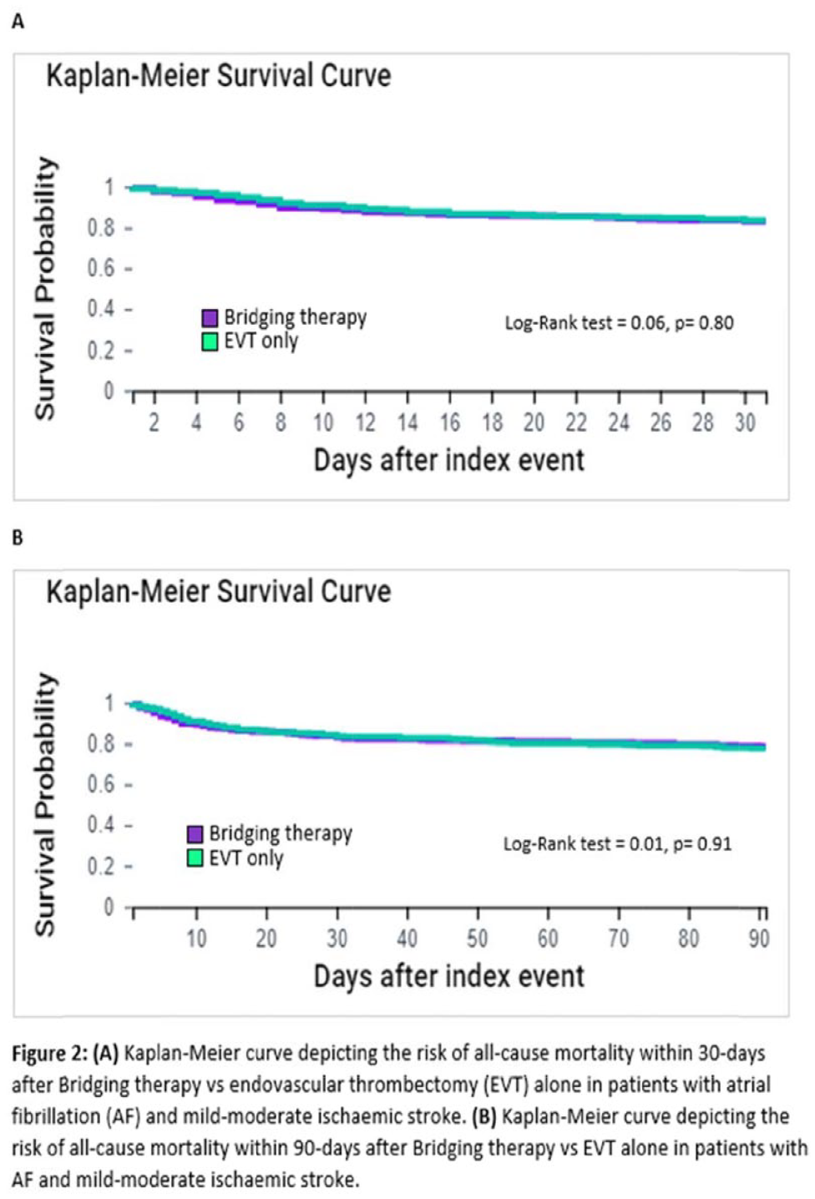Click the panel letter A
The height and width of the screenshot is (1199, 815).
coord(18,23)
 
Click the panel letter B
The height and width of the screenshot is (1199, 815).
coord(18,538)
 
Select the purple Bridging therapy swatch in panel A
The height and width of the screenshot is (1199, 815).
coord(210,318)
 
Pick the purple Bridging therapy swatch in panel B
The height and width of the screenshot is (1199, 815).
coord(195,834)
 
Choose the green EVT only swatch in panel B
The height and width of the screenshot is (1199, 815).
coord(195,858)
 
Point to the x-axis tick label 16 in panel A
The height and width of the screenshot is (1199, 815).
coord(450,422)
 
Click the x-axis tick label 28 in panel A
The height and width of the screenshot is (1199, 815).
coord(703,422)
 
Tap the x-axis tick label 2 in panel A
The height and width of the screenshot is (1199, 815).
coord(154,422)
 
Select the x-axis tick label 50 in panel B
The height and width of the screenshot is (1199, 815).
coord(478,938)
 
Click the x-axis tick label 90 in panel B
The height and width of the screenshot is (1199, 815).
coord(759,938)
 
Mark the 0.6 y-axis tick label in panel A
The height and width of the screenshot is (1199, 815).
coord(101,268)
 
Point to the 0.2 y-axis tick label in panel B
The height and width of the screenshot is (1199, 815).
coord(101,866)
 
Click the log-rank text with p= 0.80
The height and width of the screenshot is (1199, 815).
coord(619,323)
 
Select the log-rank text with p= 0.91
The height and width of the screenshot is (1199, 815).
coord(617,844)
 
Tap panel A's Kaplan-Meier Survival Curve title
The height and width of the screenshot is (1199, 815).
coord(219,75)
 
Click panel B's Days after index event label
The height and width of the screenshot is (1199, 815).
coord(448,976)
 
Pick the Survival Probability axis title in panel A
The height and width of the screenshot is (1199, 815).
coord(46,289)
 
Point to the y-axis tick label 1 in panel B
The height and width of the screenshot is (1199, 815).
coord(109,703)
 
